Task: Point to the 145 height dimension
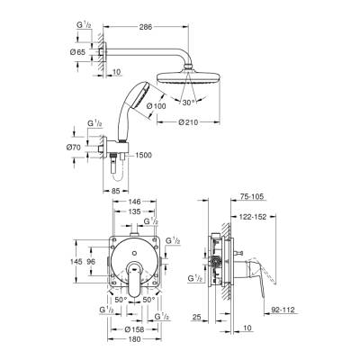point(77,262)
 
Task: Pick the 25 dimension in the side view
point(195,317)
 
